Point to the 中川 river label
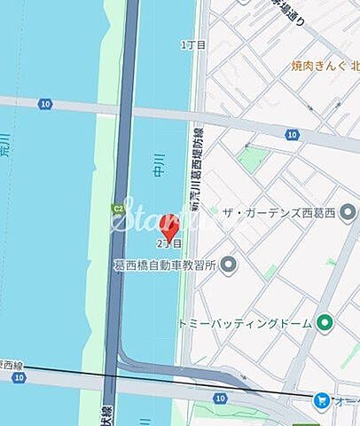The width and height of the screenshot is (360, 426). (x=159, y=165)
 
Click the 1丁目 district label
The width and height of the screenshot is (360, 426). (x=192, y=43)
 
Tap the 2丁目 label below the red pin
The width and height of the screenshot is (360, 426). (x=169, y=242)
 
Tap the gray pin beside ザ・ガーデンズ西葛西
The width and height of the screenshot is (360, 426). (x=351, y=211)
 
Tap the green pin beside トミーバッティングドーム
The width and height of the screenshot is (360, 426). (x=325, y=322)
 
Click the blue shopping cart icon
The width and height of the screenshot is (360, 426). (x=319, y=401)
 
